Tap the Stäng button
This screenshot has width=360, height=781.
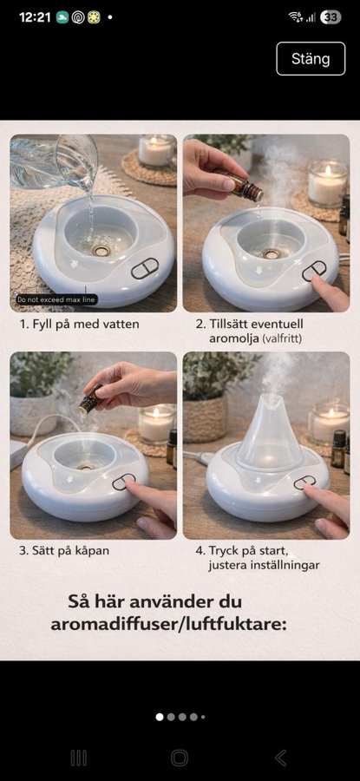(311, 59)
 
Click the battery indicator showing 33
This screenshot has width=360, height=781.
(331, 17)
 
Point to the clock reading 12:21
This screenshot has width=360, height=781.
(35, 17)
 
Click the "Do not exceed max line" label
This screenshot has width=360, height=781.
(56, 300)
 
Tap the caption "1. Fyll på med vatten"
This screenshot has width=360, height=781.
(79, 325)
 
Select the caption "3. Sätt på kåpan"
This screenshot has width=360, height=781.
(63, 551)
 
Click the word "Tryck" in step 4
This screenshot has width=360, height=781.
(223, 551)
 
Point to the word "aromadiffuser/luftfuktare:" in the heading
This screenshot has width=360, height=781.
(169, 624)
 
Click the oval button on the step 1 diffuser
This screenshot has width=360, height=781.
(145, 269)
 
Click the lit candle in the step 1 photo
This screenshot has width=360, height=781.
(156, 151)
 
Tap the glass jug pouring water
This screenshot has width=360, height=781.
(55, 161)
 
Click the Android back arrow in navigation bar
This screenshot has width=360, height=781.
(281, 758)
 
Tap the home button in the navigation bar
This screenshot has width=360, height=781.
(180, 758)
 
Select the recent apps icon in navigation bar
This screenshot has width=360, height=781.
(79, 758)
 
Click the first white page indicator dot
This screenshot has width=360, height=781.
(160, 717)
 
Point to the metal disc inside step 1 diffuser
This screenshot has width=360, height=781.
(102, 251)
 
